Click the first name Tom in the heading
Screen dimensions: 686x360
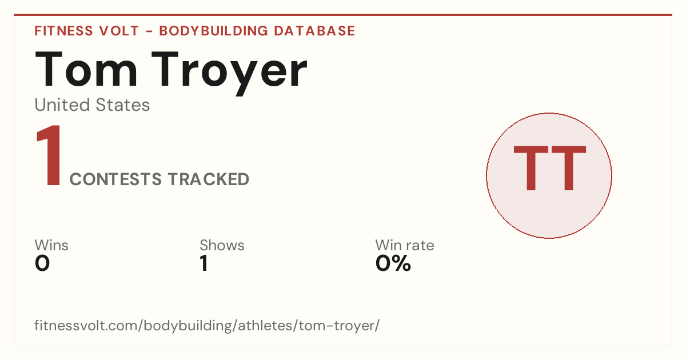point(86,69)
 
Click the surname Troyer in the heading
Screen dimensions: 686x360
point(229,73)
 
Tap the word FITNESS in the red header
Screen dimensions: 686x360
point(63,31)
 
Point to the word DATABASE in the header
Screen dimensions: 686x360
point(314,31)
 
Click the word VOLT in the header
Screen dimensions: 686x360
point(119,31)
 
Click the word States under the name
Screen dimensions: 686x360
point(122,105)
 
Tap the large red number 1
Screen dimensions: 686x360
point(49,155)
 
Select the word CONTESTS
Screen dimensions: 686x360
point(115,179)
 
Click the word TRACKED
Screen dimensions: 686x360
point(209,179)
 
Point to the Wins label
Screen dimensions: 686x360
point(51,245)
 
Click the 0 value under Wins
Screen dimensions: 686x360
point(42,263)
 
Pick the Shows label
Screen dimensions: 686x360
point(222,245)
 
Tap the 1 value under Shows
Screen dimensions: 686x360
point(204,263)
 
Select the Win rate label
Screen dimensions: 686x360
point(405,245)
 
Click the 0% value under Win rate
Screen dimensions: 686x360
point(393,263)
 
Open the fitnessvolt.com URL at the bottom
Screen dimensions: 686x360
point(207,325)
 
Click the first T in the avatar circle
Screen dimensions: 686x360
point(531,168)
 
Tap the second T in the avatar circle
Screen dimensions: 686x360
point(569,168)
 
